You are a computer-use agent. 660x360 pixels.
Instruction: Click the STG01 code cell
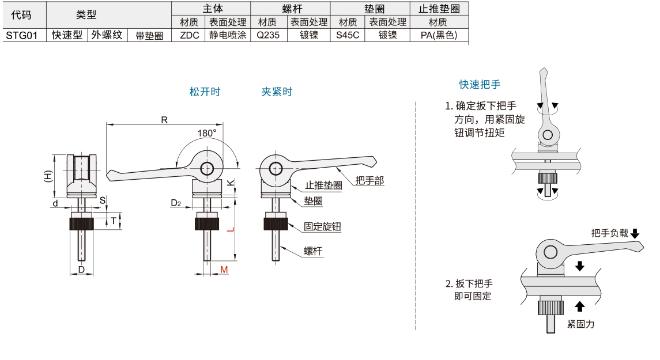[x=21, y=35]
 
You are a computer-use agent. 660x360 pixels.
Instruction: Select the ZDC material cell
[x=189, y=35]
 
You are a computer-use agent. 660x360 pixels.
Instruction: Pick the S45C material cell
[x=348, y=35]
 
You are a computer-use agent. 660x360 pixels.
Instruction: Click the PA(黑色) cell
[x=438, y=35]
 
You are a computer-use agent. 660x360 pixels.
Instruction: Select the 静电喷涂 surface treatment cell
[x=228, y=35]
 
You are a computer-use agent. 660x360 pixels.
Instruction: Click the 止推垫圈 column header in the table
[x=438, y=9]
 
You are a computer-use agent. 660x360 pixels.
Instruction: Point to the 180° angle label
[x=207, y=132]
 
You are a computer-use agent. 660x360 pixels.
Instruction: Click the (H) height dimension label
[x=48, y=176]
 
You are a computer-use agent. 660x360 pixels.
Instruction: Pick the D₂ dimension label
[x=176, y=203]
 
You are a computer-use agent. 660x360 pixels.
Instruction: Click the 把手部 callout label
[x=369, y=180]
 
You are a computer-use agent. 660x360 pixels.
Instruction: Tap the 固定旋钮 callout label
[x=323, y=226]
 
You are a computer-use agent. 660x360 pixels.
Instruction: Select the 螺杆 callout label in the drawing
[x=313, y=251]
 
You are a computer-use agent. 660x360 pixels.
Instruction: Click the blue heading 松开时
[x=205, y=92]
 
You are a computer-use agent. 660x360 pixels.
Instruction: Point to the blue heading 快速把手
[x=480, y=84]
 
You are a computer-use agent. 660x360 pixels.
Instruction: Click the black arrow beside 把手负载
[x=635, y=233]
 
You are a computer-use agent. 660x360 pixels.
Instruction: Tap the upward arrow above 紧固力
[x=580, y=306]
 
